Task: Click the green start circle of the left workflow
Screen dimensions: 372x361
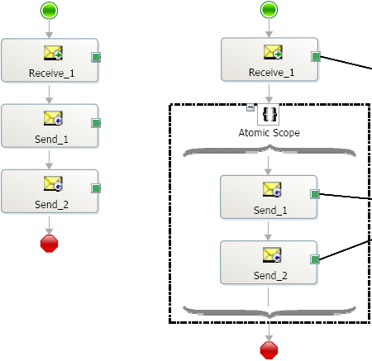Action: (49, 11)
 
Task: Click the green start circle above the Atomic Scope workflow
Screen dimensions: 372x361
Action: (269, 10)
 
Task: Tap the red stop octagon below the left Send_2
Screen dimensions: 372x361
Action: (49, 244)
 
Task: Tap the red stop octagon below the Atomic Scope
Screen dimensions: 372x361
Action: (269, 350)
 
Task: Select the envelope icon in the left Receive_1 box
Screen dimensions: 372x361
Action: (53, 53)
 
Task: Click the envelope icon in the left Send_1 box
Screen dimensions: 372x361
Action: (53, 118)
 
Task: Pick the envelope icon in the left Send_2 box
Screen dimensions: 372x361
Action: (53, 183)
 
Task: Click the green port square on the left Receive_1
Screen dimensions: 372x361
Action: (96, 57)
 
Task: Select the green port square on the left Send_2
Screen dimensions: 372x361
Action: (96, 188)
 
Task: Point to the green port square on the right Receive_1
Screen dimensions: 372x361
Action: (316, 56)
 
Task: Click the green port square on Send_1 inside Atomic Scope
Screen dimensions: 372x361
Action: (315, 194)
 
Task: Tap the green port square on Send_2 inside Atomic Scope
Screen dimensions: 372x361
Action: (315, 259)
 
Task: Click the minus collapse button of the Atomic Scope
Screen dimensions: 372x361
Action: (250, 107)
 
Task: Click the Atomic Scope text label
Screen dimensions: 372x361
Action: (269, 133)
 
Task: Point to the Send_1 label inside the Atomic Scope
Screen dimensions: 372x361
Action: (270, 211)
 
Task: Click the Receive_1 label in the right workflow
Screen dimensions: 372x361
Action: (271, 73)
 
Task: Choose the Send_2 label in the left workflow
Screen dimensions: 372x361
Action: (51, 205)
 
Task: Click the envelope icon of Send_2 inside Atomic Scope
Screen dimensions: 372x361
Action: (272, 254)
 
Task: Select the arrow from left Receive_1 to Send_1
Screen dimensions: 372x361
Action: (49, 94)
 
